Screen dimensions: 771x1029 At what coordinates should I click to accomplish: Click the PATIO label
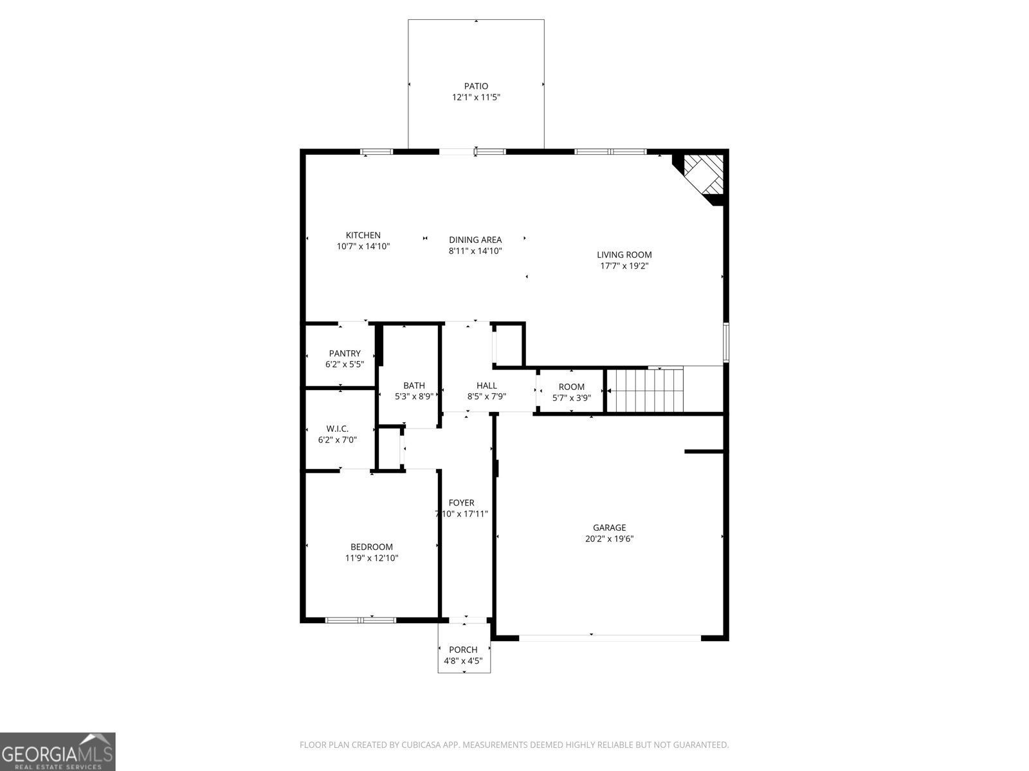click(x=476, y=86)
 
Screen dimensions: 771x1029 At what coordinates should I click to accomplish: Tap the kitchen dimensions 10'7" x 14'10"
click(x=363, y=247)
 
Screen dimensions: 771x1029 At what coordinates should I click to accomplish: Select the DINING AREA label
click(x=475, y=240)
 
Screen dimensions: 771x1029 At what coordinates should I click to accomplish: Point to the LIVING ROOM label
click(x=624, y=254)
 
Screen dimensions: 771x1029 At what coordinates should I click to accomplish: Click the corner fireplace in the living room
click(x=704, y=175)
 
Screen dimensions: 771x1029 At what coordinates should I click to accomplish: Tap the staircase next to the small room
click(x=645, y=391)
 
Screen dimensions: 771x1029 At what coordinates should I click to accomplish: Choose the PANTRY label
click(x=345, y=353)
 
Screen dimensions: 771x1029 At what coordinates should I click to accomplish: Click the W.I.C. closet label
click(x=337, y=429)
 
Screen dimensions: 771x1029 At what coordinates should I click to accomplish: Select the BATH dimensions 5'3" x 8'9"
click(x=414, y=397)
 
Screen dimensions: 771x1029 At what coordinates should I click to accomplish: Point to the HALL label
click(x=487, y=385)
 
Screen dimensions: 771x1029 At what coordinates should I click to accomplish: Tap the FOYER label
click(x=462, y=503)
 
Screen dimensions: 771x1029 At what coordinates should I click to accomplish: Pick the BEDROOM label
click(x=372, y=547)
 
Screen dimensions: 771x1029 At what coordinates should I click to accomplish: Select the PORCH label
click(x=463, y=650)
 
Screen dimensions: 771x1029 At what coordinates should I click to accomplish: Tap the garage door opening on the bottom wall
click(x=610, y=638)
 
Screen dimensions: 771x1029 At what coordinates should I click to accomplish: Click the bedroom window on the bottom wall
click(x=361, y=620)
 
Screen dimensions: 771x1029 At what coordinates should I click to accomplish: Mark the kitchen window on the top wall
click(x=376, y=152)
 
